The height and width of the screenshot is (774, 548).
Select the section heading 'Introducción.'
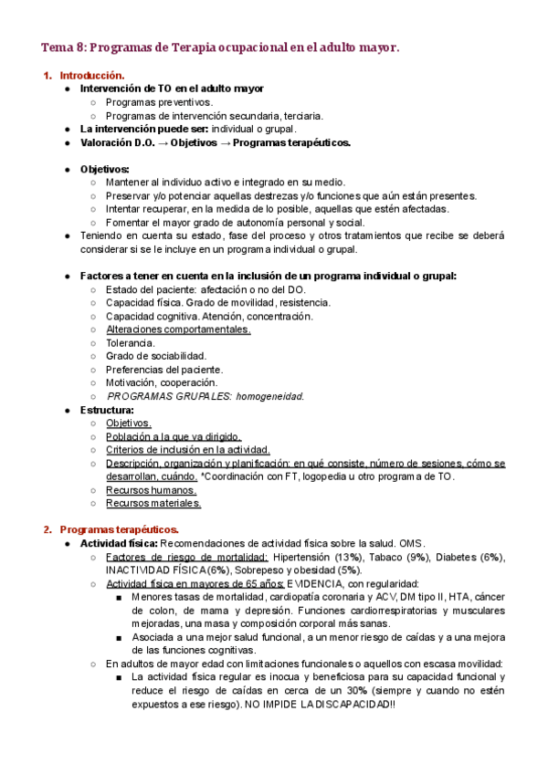(91, 75)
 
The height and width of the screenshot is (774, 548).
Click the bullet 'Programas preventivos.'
(159, 102)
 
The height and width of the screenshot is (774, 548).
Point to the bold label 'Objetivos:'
(105, 169)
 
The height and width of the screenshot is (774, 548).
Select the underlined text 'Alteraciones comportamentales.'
(178, 329)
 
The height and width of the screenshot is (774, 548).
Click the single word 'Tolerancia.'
(137, 343)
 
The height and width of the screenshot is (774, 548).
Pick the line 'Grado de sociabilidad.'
(156, 356)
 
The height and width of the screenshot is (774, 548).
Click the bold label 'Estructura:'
(108, 410)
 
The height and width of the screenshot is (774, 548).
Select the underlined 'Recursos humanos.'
(151, 490)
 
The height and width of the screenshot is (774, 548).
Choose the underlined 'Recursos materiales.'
(153, 503)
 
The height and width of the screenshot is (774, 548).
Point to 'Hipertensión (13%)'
(319, 557)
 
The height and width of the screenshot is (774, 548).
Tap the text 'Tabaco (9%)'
(401, 557)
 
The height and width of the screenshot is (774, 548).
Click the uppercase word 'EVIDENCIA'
(316, 583)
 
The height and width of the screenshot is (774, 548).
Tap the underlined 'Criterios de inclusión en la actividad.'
(188, 450)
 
